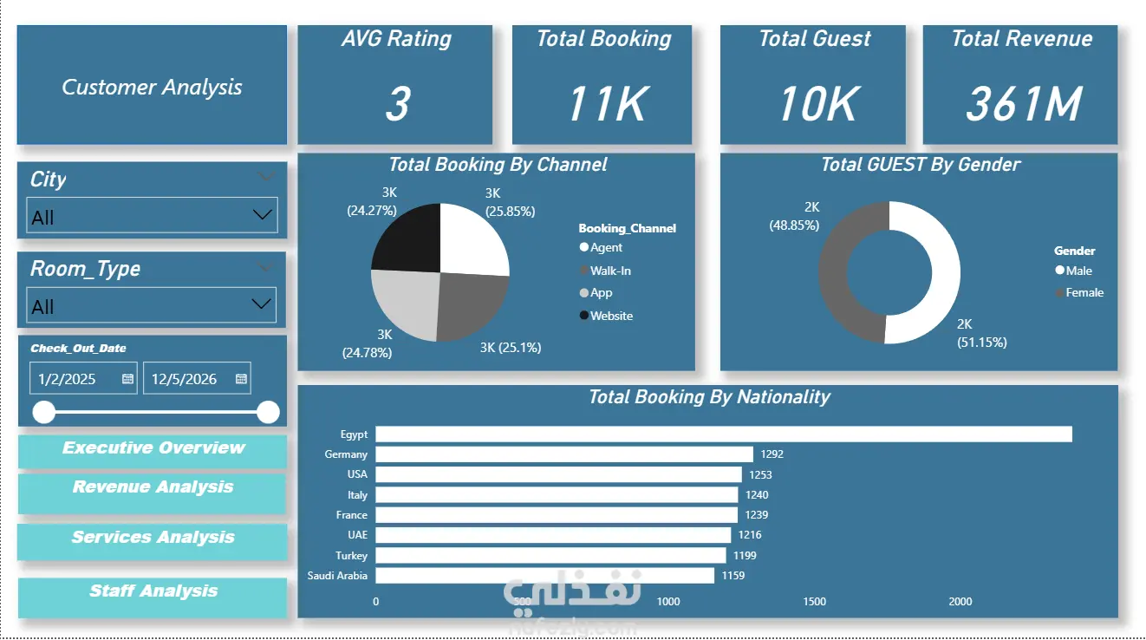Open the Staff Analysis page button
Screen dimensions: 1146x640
click(153, 598)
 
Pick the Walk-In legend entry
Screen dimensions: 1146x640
click(606, 271)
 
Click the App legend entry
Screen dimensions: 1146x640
click(596, 293)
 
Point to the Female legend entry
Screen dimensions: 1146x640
click(1079, 293)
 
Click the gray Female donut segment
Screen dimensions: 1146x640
click(833, 271)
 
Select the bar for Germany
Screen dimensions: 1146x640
click(564, 454)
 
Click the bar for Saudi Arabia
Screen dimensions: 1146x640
click(545, 576)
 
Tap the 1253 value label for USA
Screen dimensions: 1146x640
click(760, 474)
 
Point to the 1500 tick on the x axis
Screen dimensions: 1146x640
click(814, 602)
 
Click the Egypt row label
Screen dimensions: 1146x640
click(354, 434)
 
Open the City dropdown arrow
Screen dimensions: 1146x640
click(263, 214)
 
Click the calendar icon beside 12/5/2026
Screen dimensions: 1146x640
click(241, 378)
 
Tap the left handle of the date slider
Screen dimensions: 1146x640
click(44, 412)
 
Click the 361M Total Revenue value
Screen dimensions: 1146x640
click(1024, 104)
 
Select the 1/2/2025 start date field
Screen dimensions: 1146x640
click(83, 378)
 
